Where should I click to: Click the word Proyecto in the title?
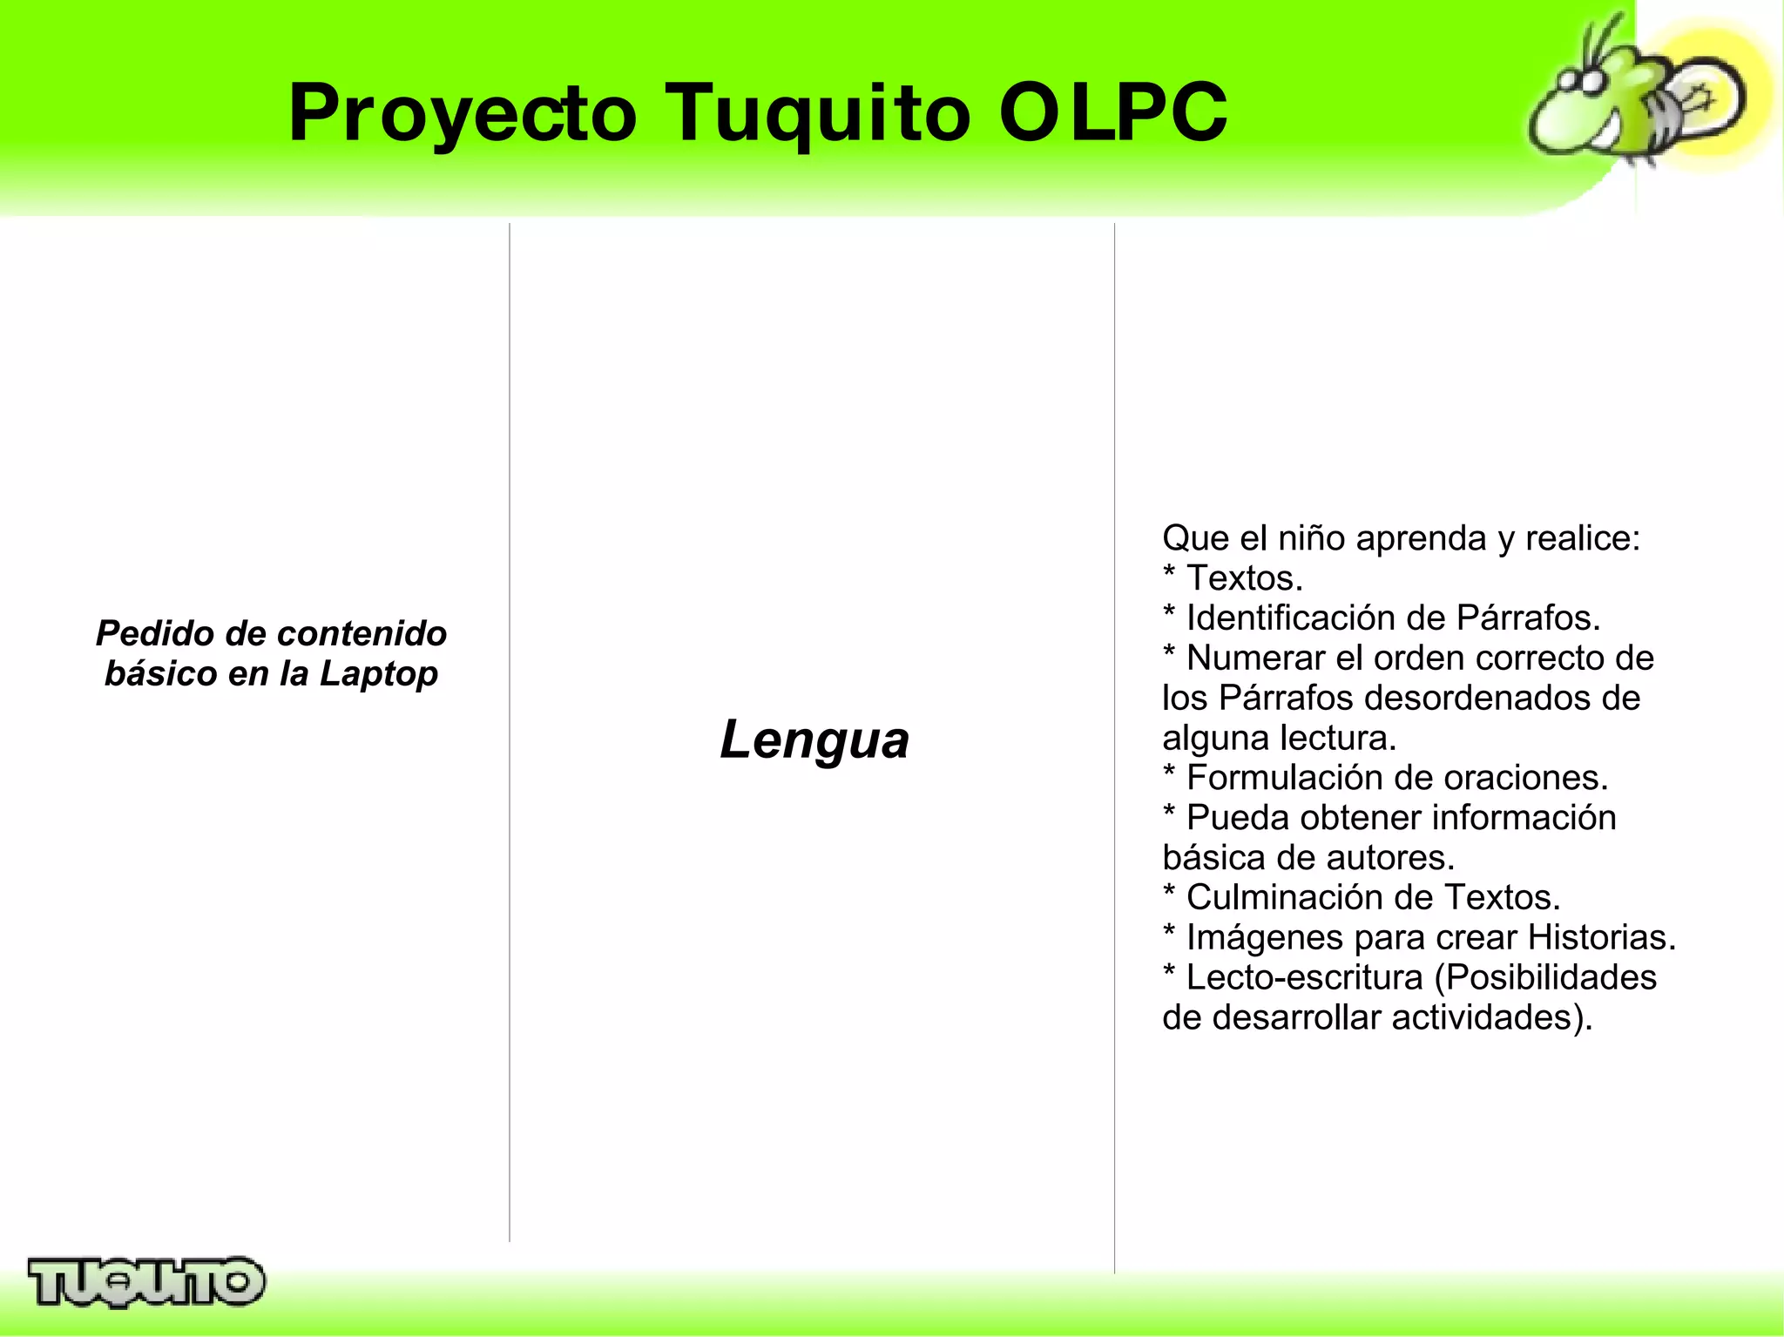point(463,113)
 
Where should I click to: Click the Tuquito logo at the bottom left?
point(146,1282)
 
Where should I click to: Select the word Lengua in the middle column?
point(814,739)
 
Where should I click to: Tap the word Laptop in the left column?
point(378,673)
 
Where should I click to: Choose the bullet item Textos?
point(1244,577)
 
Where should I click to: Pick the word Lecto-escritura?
point(1304,977)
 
